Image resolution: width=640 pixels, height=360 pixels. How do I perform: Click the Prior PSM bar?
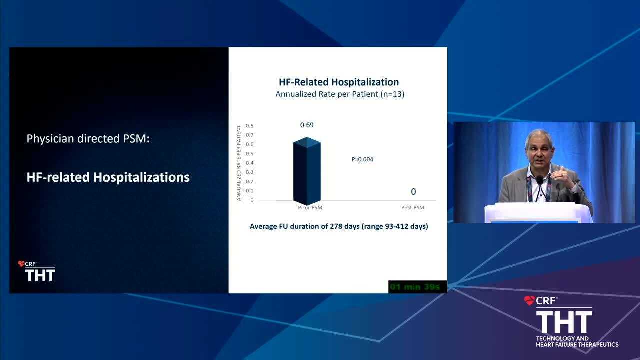(x=307, y=171)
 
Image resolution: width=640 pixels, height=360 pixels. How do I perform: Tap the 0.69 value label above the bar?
(x=307, y=125)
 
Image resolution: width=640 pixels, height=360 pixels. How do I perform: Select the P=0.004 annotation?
(x=362, y=159)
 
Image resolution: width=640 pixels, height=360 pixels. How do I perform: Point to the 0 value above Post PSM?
(x=413, y=192)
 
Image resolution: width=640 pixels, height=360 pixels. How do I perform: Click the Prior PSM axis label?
(x=310, y=207)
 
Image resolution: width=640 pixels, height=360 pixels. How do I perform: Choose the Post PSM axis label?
(x=413, y=207)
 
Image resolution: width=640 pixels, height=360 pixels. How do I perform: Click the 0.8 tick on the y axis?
(x=249, y=126)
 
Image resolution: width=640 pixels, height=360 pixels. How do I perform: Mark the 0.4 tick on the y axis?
(x=249, y=163)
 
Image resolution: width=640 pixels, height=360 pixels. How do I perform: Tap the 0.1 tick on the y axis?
(x=249, y=191)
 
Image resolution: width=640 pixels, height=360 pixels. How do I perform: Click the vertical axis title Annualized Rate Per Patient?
(x=239, y=163)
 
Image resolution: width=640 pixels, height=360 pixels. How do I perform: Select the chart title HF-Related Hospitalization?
(x=339, y=82)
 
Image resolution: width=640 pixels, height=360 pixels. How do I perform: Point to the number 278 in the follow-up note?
(x=336, y=226)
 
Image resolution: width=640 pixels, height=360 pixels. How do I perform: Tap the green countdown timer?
(x=415, y=287)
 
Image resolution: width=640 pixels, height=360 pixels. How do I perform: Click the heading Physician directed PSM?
(x=88, y=139)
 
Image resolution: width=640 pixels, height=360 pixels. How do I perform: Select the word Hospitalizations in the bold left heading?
(x=141, y=177)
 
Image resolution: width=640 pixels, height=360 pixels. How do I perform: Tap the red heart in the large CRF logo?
(x=529, y=300)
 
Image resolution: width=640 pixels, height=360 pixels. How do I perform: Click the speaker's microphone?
(x=539, y=180)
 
